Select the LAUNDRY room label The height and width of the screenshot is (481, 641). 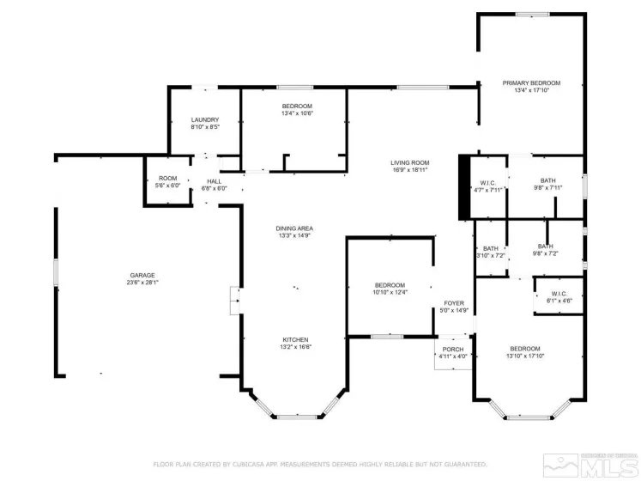pyautogui.click(x=205, y=119)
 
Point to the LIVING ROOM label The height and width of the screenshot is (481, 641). pyautogui.click(x=409, y=162)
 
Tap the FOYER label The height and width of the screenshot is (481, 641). pyautogui.click(x=454, y=303)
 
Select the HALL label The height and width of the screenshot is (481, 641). pyautogui.click(x=215, y=181)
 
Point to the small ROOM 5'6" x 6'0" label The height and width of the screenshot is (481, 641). pyautogui.click(x=167, y=178)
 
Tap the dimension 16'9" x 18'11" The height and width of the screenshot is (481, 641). pyautogui.click(x=409, y=170)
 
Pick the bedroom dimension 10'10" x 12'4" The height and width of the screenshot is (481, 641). pyautogui.click(x=390, y=293)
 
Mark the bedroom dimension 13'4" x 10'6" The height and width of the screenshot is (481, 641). pyautogui.click(x=297, y=113)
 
